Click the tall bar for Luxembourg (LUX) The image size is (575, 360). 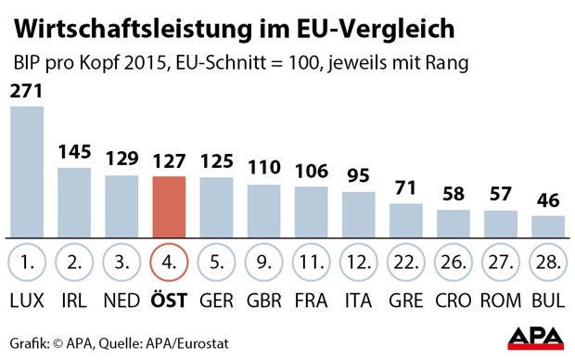(27, 172)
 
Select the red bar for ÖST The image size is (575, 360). (169, 206)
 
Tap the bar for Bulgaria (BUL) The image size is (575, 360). (548, 227)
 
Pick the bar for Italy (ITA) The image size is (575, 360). (359, 215)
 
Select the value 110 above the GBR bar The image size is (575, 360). (263, 169)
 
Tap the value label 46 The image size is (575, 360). (548, 201)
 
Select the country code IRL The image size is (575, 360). (74, 302)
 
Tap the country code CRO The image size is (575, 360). (454, 302)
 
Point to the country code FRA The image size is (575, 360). (311, 302)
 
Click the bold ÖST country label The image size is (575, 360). (169, 302)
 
